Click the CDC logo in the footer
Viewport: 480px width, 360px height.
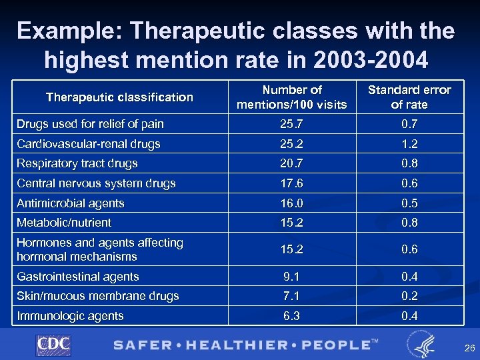point(53,344)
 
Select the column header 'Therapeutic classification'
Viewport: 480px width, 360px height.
point(119,97)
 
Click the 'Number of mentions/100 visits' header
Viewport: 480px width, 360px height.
point(293,97)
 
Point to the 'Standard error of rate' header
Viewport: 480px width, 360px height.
point(409,97)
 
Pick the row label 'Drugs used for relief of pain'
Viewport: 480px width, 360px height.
point(90,124)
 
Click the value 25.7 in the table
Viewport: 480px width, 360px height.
point(293,124)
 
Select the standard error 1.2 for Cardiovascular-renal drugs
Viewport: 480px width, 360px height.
point(409,144)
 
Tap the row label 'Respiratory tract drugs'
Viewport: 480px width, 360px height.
point(77,163)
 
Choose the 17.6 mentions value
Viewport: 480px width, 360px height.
point(293,183)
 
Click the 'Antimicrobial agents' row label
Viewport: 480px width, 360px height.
point(71,203)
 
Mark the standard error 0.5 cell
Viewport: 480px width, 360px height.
point(409,203)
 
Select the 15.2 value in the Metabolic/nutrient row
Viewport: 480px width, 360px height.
point(293,223)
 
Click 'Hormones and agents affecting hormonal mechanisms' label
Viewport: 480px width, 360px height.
point(100,249)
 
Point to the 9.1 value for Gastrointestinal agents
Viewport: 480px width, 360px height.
point(293,277)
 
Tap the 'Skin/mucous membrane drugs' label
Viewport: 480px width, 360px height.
point(98,296)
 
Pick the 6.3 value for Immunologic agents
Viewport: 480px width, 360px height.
point(293,316)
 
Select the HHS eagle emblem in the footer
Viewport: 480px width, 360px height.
point(420,344)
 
